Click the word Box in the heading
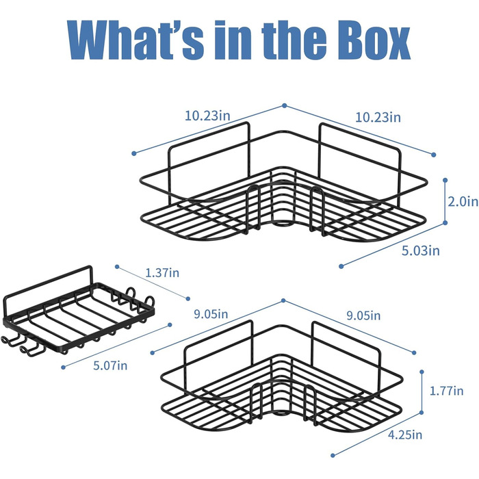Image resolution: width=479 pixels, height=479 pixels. pyautogui.click(x=374, y=40)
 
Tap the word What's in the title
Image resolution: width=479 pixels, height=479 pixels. pyautogui.click(x=135, y=40)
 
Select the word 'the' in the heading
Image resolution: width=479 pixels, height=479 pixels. pyautogui.click(x=294, y=40)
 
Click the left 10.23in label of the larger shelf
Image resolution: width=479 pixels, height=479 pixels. pyautogui.click(x=207, y=116)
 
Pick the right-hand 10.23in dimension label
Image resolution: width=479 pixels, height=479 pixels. pyautogui.click(x=378, y=117)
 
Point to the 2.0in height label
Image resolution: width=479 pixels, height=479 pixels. pyautogui.click(x=463, y=202)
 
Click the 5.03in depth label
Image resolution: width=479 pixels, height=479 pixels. pyautogui.click(x=421, y=250)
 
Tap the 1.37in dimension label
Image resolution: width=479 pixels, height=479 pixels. pyautogui.click(x=162, y=272)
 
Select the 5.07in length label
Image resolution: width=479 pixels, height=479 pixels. pyautogui.click(x=110, y=365)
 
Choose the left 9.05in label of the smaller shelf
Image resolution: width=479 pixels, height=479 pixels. pyautogui.click(x=211, y=313)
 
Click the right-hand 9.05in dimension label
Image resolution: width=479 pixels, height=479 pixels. pyautogui.click(x=363, y=315)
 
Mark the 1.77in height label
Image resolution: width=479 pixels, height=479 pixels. pyautogui.click(x=447, y=391)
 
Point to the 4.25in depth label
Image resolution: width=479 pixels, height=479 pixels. pyautogui.click(x=405, y=434)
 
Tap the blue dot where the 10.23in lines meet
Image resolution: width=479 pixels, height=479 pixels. pyautogui.click(x=285, y=105)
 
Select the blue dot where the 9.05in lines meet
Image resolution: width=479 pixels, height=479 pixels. pyautogui.click(x=283, y=300)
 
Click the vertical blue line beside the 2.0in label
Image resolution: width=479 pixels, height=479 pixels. pyautogui.click(x=445, y=202)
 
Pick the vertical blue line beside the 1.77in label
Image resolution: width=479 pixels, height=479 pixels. pyautogui.click(x=422, y=392)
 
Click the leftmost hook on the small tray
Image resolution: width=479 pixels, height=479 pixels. pyautogui.click(x=9, y=342)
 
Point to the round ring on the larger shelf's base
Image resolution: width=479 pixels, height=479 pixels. pyautogui.click(x=282, y=223)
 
